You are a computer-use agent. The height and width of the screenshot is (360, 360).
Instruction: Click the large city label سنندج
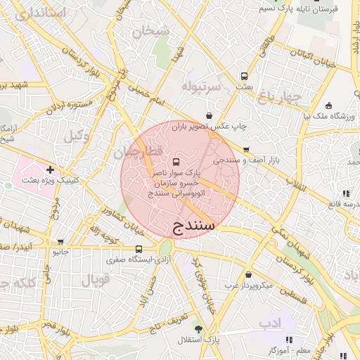[192, 226]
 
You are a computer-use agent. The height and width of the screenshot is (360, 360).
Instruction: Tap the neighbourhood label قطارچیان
[139, 151]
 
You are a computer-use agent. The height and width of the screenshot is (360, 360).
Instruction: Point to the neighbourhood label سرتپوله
[201, 86]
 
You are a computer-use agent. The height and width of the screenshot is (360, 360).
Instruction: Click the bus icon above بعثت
[244, 75]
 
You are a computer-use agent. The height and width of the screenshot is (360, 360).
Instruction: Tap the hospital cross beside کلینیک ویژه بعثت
[50, 169]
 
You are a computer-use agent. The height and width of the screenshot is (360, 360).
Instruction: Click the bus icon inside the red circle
[175, 162]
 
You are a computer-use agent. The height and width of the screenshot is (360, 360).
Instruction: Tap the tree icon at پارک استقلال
[199, 328]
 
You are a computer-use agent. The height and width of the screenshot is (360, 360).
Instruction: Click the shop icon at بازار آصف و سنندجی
[246, 150]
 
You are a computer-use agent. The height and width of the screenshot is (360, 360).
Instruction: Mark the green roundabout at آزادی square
[166, 248]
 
